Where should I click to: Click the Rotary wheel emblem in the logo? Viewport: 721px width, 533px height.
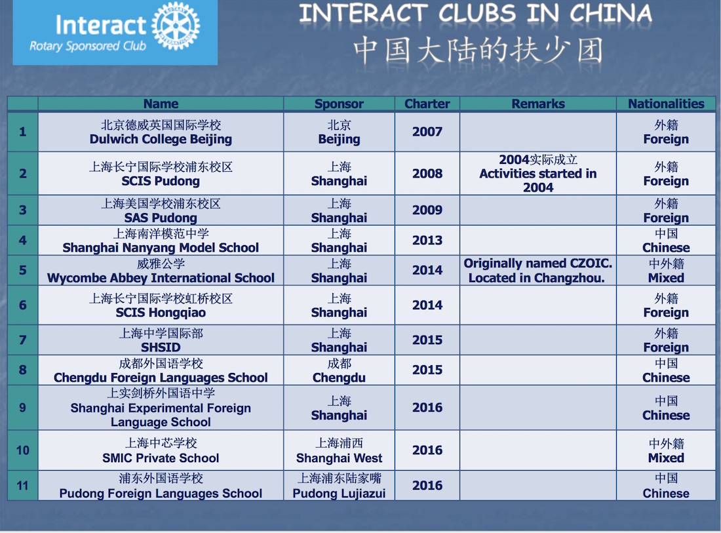[176, 26]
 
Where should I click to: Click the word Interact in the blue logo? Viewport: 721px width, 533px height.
[101, 25]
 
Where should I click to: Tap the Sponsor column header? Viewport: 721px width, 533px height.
[339, 104]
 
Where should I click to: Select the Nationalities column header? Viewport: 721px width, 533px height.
[666, 104]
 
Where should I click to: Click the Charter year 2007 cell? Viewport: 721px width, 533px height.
[427, 132]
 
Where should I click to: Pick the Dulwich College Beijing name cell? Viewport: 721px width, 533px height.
[161, 132]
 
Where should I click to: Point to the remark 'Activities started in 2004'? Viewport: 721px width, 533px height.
[538, 180]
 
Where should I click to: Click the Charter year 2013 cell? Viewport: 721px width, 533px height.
[427, 240]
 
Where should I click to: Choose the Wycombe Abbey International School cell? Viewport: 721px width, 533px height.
[161, 270]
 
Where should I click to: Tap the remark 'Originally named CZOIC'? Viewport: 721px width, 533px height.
[538, 264]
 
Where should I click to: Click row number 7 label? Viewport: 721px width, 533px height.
[22, 340]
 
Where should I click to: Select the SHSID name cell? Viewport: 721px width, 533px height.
[161, 340]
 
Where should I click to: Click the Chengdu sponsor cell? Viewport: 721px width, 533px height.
[339, 370]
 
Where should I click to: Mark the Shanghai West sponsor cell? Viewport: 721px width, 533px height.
[339, 450]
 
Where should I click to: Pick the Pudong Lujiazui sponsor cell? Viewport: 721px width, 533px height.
[339, 486]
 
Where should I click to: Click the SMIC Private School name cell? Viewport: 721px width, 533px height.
[161, 450]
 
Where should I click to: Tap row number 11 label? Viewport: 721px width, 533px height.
[22, 486]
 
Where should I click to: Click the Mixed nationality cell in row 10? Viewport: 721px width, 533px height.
[666, 450]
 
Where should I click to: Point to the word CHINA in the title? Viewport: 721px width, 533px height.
[611, 13]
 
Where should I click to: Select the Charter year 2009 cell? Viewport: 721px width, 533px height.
[427, 210]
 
